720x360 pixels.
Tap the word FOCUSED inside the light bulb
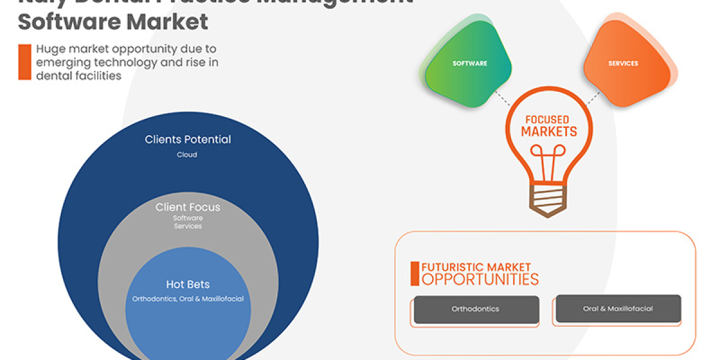547,120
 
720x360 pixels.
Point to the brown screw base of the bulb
547,201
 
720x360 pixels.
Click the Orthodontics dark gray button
475,309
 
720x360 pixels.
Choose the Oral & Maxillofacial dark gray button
618,308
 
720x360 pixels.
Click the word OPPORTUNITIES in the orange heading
480,279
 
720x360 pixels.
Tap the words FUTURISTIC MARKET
476,267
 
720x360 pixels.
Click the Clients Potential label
188,140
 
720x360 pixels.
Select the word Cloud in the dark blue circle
187,155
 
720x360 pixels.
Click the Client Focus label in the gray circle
188,208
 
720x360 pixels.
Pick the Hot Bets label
188,284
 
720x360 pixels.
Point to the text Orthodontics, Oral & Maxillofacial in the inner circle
188,299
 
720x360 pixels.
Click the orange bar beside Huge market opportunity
25,62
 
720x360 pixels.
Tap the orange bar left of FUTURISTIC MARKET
415,274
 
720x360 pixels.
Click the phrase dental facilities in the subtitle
79,76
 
